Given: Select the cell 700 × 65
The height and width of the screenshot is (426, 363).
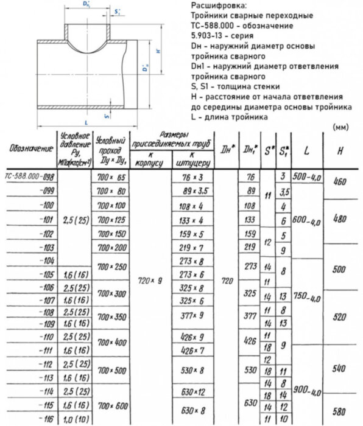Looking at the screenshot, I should [x=111, y=177].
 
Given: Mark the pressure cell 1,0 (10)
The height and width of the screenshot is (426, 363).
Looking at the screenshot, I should [x=75, y=419].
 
